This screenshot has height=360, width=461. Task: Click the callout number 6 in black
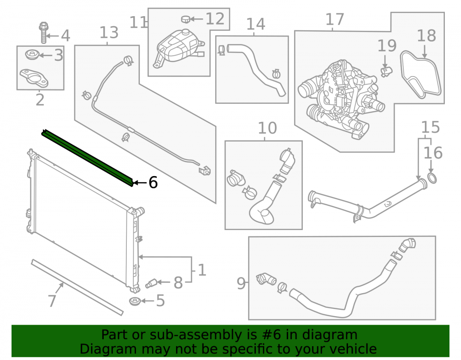153,183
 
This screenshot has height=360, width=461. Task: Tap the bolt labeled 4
43,32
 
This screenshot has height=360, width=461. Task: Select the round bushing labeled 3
32,55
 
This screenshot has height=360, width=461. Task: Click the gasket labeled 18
421,75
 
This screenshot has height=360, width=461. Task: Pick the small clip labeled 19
386,71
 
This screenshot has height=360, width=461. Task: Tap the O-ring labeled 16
432,178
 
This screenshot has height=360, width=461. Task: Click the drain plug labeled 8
151,283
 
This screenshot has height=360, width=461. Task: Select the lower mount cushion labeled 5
135,301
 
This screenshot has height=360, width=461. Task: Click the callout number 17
335,19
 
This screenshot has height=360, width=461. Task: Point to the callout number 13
109,32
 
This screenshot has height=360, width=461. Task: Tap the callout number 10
267,128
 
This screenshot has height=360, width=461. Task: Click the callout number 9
241,283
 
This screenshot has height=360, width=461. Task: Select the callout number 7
52,301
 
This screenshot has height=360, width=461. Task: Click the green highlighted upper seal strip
87,158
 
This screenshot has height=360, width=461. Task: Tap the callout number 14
255,24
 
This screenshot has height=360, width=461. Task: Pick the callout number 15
431,127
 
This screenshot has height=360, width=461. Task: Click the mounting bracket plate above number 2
34,77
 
